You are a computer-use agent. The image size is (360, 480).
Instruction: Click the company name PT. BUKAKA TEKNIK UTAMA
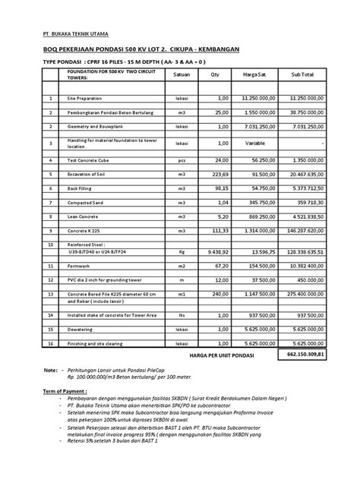(x=74, y=34)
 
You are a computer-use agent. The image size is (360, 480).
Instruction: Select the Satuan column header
(x=182, y=74)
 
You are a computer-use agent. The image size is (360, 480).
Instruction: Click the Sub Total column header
(x=302, y=74)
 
